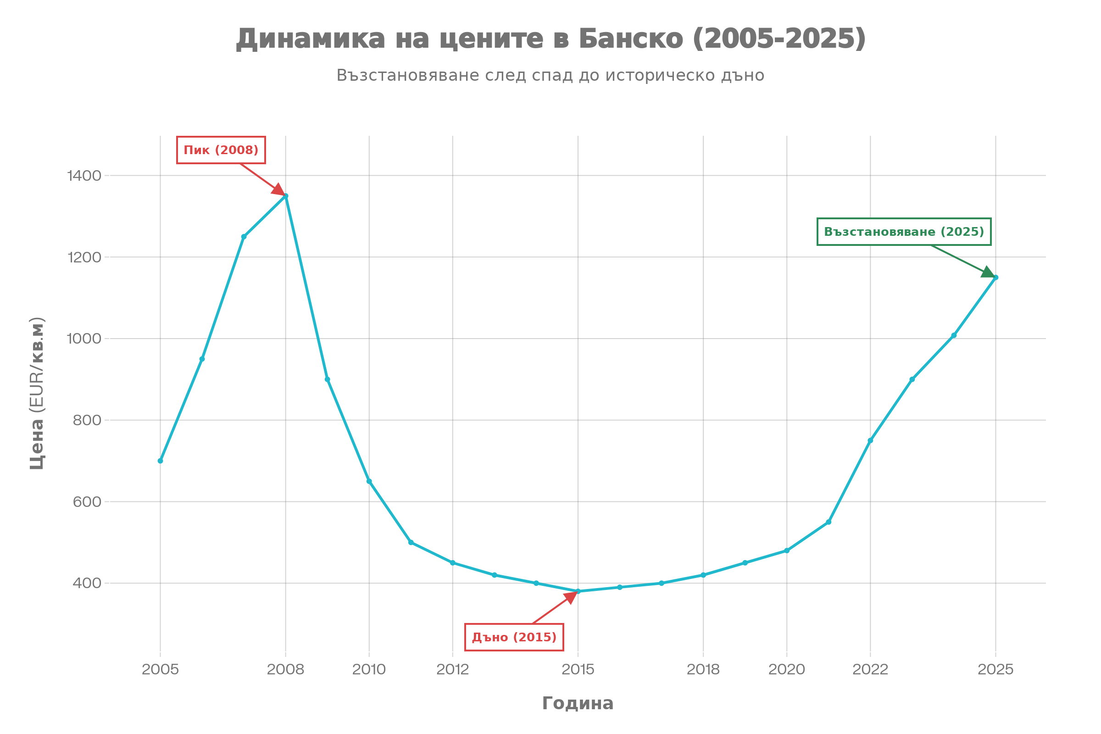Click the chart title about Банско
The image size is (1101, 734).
click(x=550, y=39)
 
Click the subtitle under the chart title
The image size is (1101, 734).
click(x=550, y=75)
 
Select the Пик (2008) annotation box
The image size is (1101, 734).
click(x=221, y=150)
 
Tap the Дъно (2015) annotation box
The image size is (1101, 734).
click(x=514, y=637)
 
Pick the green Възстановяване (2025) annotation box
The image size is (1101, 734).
click(x=904, y=232)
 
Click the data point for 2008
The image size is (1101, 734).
click(x=285, y=196)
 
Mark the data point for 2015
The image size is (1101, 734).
click(x=578, y=591)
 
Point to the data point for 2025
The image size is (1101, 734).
click(x=995, y=278)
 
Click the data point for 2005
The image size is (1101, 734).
click(x=161, y=461)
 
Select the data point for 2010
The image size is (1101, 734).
click(x=369, y=481)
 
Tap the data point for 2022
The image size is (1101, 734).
click(x=870, y=440)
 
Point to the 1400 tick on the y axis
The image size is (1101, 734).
click(x=84, y=176)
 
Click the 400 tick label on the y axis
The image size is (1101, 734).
click(x=87, y=583)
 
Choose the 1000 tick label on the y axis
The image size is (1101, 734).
click(x=84, y=339)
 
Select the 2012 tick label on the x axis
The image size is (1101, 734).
click(x=453, y=669)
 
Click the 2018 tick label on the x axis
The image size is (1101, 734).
click(x=703, y=669)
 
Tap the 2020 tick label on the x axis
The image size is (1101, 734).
click(x=786, y=669)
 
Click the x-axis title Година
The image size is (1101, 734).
click(x=578, y=704)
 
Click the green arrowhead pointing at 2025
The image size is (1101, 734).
click(x=988, y=272)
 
